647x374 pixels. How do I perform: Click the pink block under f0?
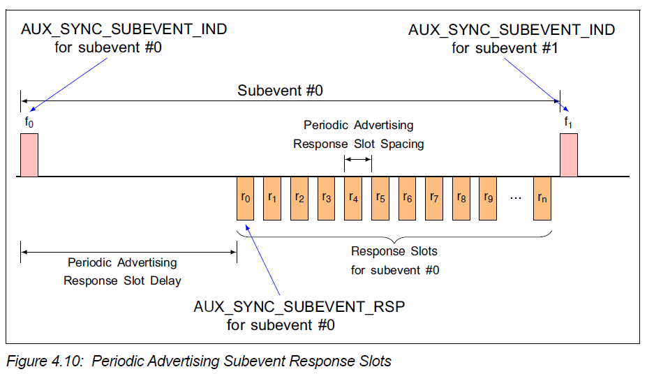(29, 155)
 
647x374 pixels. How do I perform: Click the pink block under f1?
(569, 155)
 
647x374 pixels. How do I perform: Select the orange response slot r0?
(246, 198)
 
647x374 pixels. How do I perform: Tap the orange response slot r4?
(353, 198)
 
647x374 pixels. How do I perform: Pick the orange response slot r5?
(380, 198)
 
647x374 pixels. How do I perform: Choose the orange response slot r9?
(488, 198)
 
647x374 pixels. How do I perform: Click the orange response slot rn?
(542, 198)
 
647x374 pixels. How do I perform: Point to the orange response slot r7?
(434, 198)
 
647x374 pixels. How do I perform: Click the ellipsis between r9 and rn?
(516, 198)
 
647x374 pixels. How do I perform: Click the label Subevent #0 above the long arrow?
(280, 91)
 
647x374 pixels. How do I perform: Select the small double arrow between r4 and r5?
(358, 160)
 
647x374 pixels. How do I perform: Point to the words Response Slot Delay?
(122, 280)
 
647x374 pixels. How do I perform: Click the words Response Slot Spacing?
(358, 144)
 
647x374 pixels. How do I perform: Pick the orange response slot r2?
(299, 198)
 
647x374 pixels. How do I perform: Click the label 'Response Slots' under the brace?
(394, 251)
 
